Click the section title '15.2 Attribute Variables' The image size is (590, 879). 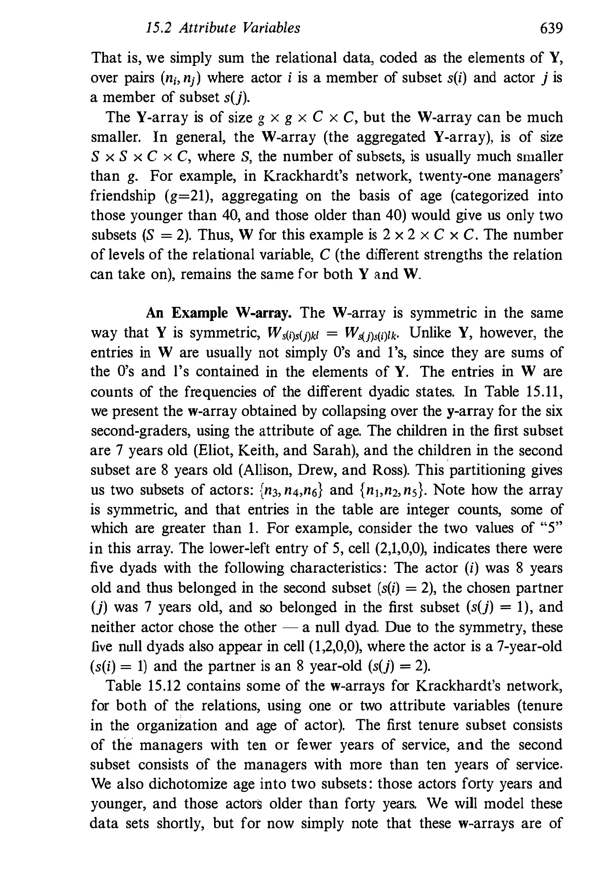click(x=223, y=28)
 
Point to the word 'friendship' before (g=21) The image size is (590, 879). click(x=123, y=196)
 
